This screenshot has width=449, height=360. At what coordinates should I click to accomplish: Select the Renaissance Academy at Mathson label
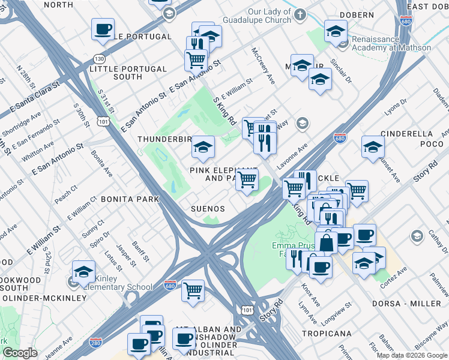tap(391, 43)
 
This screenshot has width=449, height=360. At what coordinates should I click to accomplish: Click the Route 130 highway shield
tap(100, 59)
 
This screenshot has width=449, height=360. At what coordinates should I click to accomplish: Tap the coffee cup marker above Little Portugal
tap(103, 29)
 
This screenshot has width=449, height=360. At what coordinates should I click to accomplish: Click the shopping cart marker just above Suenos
tap(246, 179)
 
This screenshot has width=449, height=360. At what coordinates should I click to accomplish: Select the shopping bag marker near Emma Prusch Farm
tap(327, 243)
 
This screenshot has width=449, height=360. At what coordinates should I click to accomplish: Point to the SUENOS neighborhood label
tap(208, 209)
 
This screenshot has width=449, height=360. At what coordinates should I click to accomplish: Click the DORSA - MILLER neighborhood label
tap(406, 304)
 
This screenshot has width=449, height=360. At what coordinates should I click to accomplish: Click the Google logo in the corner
tap(20, 353)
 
